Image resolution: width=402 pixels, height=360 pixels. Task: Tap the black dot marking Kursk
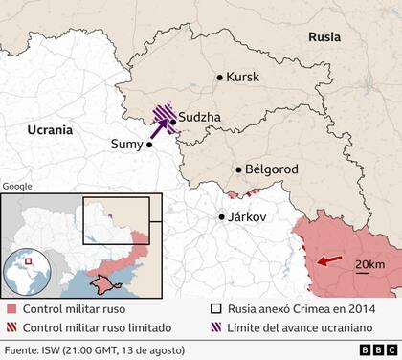coord(220,78)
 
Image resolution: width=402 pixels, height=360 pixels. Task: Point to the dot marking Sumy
coord(149,146)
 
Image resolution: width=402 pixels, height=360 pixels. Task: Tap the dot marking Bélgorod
coord(238,169)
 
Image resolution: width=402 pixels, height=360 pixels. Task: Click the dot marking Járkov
coord(222,216)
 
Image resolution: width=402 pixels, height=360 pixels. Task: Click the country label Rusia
coord(324,36)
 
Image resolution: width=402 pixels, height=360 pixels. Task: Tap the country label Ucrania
coord(52,128)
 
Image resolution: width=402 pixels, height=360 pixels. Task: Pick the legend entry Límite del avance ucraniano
coord(299,327)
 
